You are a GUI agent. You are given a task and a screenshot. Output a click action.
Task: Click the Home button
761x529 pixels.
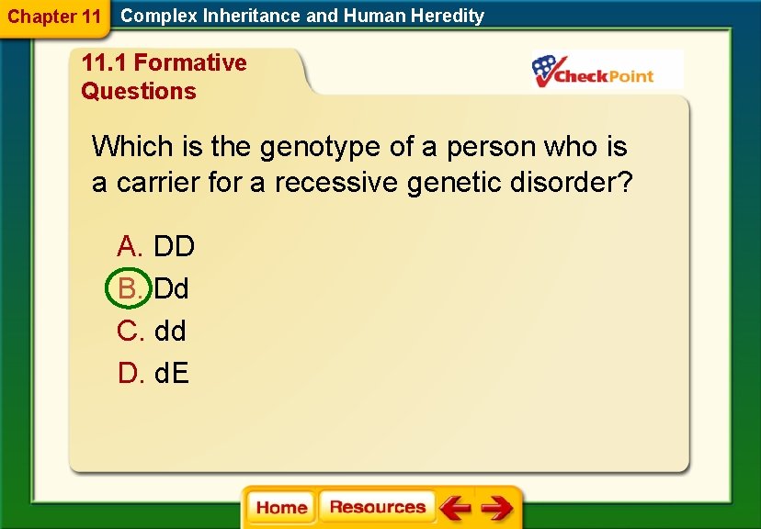click(281, 508)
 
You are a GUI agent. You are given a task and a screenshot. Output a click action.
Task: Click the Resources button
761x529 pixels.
click(377, 507)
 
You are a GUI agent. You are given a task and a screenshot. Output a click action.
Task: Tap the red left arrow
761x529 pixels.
click(454, 508)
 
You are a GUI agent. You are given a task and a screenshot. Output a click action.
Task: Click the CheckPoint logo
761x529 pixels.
click(593, 71)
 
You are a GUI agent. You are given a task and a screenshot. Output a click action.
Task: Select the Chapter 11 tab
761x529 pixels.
click(54, 17)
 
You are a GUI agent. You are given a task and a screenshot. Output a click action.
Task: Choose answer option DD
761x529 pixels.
click(174, 246)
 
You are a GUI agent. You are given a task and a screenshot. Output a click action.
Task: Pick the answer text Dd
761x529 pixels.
click(172, 288)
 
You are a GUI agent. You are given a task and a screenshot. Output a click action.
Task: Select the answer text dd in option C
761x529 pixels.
click(170, 331)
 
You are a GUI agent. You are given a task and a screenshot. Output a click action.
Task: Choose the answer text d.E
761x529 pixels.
click(172, 373)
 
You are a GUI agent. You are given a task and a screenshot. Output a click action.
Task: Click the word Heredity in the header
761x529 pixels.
click(447, 16)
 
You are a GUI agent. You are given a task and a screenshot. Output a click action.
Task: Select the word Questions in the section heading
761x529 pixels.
click(139, 91)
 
